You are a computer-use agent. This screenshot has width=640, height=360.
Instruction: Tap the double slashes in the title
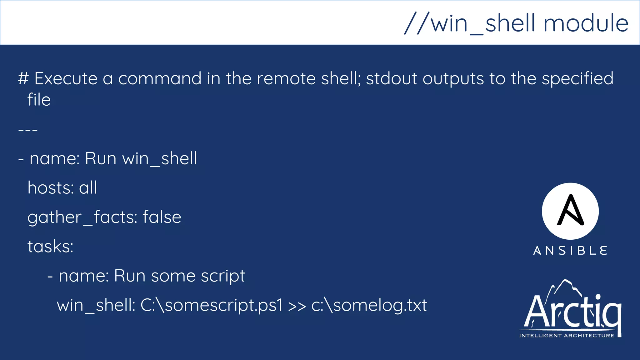pyautogui.click(x=417, y=23)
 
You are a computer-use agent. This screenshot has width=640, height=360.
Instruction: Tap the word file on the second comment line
pyautogui.click(x=39, y=100)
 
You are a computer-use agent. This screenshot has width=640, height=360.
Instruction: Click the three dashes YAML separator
pyautogui.click(x=28, y=129)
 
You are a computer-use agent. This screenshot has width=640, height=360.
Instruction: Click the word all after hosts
pyautogui.click(x=88, y=188)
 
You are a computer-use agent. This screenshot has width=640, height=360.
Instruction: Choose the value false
pyautogui.click(x=162, y=217)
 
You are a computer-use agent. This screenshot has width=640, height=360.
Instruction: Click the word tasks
pyautogui.click(x=50, y=247)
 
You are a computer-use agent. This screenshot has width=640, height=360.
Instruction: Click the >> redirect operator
pyautogui.click(x=297, y=306)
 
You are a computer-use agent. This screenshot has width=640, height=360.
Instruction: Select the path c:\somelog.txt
pyautogui.click(x=369, y=305)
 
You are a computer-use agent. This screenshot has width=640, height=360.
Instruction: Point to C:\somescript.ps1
pyautogui.click(x=211, y=305)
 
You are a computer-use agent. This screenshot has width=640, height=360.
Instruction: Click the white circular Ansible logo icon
pyautogui.click(x=570, y=211)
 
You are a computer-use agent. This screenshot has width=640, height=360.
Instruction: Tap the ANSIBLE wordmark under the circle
pyautogui.click(x=570, y=251)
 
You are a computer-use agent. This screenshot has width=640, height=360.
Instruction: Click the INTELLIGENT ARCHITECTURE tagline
pyautogui.click(x=567, y=336)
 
